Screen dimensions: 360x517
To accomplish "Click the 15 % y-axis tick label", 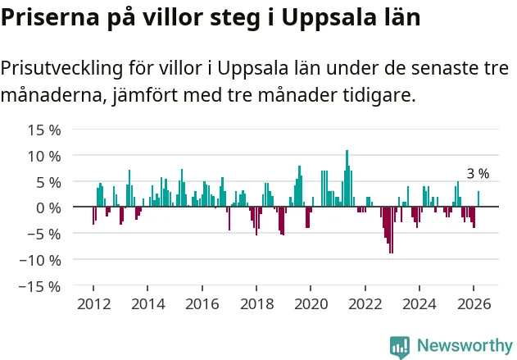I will point(45,130).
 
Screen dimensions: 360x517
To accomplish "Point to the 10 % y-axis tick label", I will point(45,156).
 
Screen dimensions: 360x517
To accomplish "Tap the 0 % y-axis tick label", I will point(49,207).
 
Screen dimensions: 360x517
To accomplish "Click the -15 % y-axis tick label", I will point(41,286).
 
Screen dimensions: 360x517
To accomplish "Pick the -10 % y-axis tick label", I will point(41,260).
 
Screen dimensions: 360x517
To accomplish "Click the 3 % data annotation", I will point(478,174).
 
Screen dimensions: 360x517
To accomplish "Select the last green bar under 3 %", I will point(478,199).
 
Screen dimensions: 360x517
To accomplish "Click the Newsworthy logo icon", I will point(400,346).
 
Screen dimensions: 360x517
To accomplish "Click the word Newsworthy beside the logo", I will point(464,346).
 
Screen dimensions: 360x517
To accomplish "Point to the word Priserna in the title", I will point(46,17).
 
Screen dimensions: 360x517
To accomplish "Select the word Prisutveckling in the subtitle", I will point(64,70).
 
